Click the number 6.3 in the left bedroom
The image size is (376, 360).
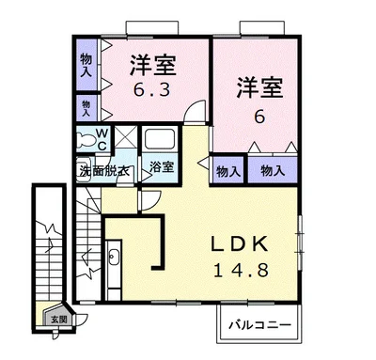pyautogui.click(x=151, y=90)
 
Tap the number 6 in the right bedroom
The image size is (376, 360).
pyautogui.click(x=259, y=117)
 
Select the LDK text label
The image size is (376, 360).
pyautogui.click(x=240, y=244)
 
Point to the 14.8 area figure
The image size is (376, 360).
pyautogui.click(x=241, y=270)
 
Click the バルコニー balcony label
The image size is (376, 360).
pyautogui.click(x=259, y=325)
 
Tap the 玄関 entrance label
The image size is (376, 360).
pyautogui.click(x=59, y=320)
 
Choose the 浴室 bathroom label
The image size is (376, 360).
pyautogui.click(x=162, y=166)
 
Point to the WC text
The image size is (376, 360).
pyautogui.click(x=102, y=139)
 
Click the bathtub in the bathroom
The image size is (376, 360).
pyautogui.click(x=159, y=138)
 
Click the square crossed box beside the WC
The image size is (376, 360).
pyautogui.click(x=126, y=136)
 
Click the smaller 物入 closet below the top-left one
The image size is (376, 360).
pyautogui.click(x=86, y=108)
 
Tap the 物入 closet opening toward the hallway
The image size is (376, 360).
pyautogui.click(x=227, y=170)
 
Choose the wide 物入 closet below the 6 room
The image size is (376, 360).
pyautogui.click(x=273, y=170)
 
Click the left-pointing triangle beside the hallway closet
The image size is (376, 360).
pyautogui.click(x=204, y=163)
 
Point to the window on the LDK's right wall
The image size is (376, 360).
pyautogui.click(x=300, y=243)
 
